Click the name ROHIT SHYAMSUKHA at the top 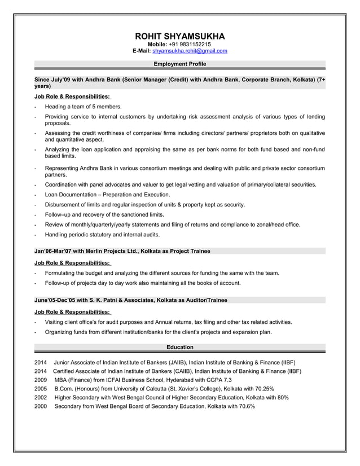click(179, 36)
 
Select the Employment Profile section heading click(179, 64)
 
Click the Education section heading click(179, 347)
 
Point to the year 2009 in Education click(41, 380)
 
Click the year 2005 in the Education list click(41, 389)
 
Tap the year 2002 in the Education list click(41, 397)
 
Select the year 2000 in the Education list click(41, 406)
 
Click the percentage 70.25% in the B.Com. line click(262, 389)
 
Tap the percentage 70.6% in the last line click(244, 406)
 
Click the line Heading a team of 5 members click(83, 107)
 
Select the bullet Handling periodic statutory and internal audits click(102, 235)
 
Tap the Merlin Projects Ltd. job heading click(122, 250)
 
